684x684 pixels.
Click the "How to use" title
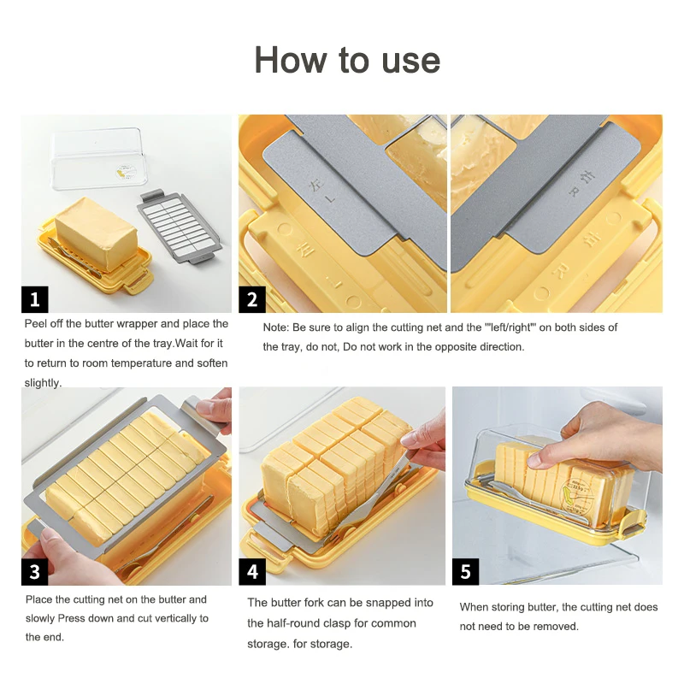pyautogui.click(x=347, y=60)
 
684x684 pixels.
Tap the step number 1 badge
pyautogui.click(x=35, y=299)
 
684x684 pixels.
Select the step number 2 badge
pyautogui.click(x=252, y=299)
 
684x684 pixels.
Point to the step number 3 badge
pyautogui.click(x=35, y=571)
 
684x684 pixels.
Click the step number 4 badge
pyautogui.click(x=252, y=571)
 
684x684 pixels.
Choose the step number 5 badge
pyautogui.click(x=465, y=571)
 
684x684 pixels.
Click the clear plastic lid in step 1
pyautogui.click(x=98, y=158)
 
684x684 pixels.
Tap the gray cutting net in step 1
pyautogui.click(x=180, y=227)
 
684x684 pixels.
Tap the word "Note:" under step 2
pyautogui.click(x=275, y=327)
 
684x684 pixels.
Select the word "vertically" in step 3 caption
pyautogui.click(x=174, y=618)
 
